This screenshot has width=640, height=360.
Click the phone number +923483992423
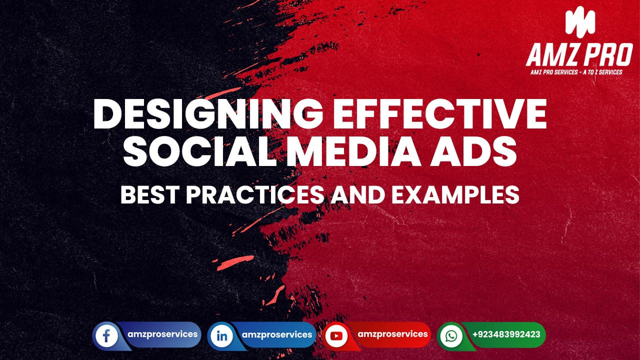click(505, 334)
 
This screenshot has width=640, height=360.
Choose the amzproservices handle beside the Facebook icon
click(162, 334)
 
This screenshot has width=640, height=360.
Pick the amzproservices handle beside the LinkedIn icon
click(277, 334)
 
